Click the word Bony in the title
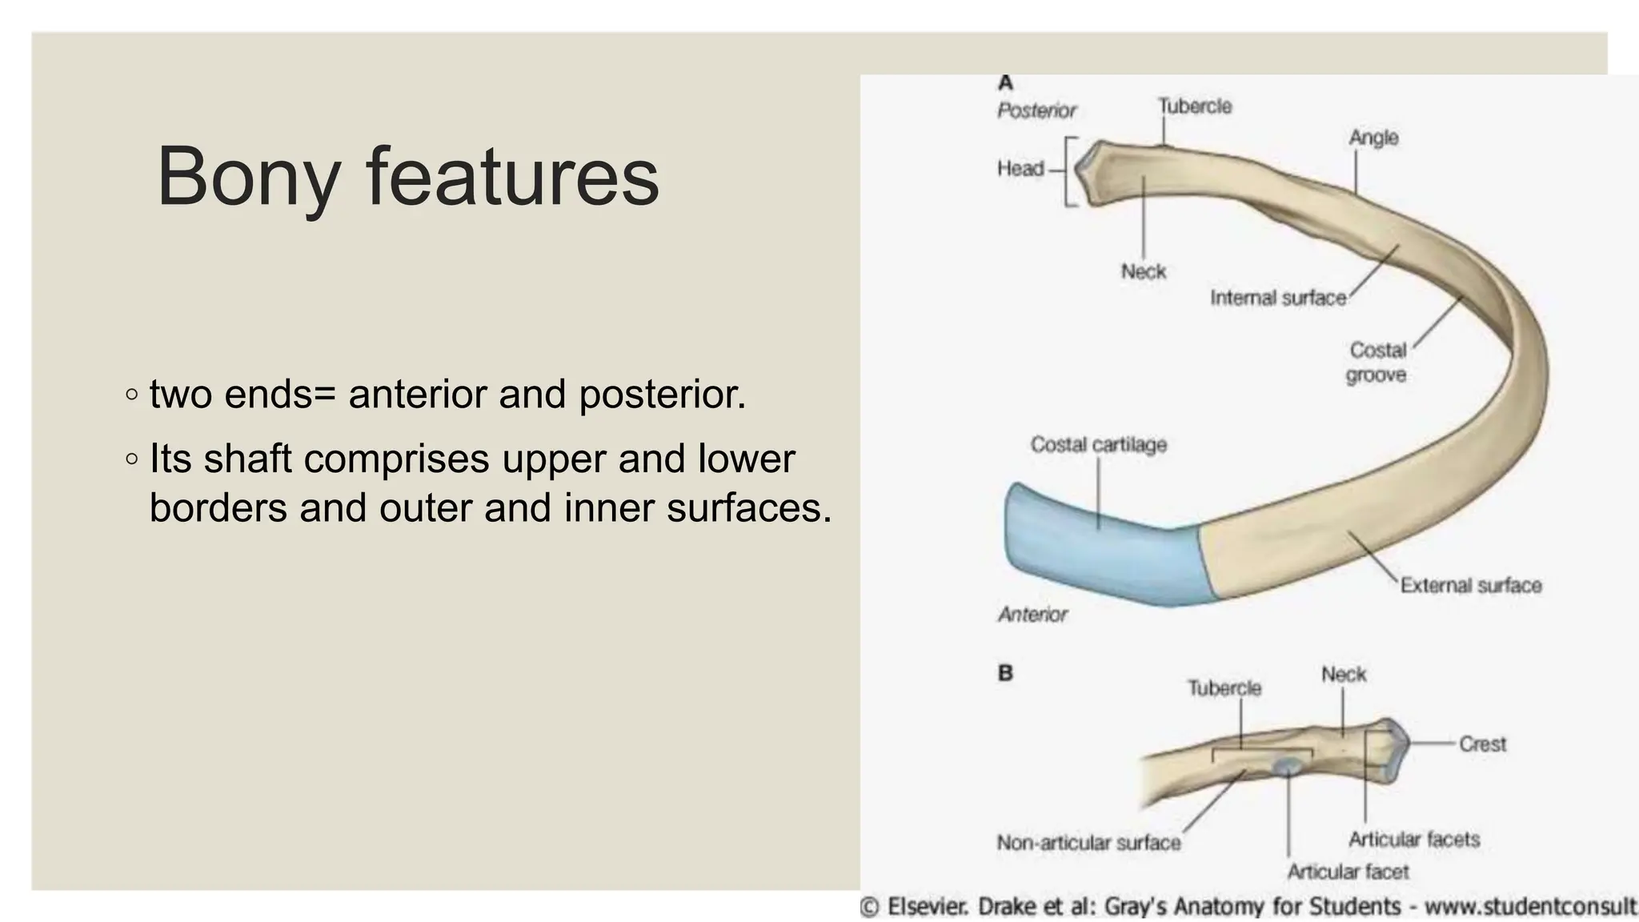(x=249, y=178)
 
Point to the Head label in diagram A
(x=1020, y=169)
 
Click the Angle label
(x=1373, y=138)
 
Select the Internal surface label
(x=1277, y=299)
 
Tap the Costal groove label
(x=1377, y=363)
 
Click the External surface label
(x=1470, y=586)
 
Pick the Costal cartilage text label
(x=1098, y=445)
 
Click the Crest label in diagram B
(x=1482, y=744)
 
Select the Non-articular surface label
(x=1088, y=843)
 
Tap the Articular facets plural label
(x=1414, y=840)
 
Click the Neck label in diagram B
(x=1344, y=675)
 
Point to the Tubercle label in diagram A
(x=1195, y=106)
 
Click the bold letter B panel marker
(x=1005, y=673)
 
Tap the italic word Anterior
(x=1032, y=615)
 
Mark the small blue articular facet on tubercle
(x=1288, y=767)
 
